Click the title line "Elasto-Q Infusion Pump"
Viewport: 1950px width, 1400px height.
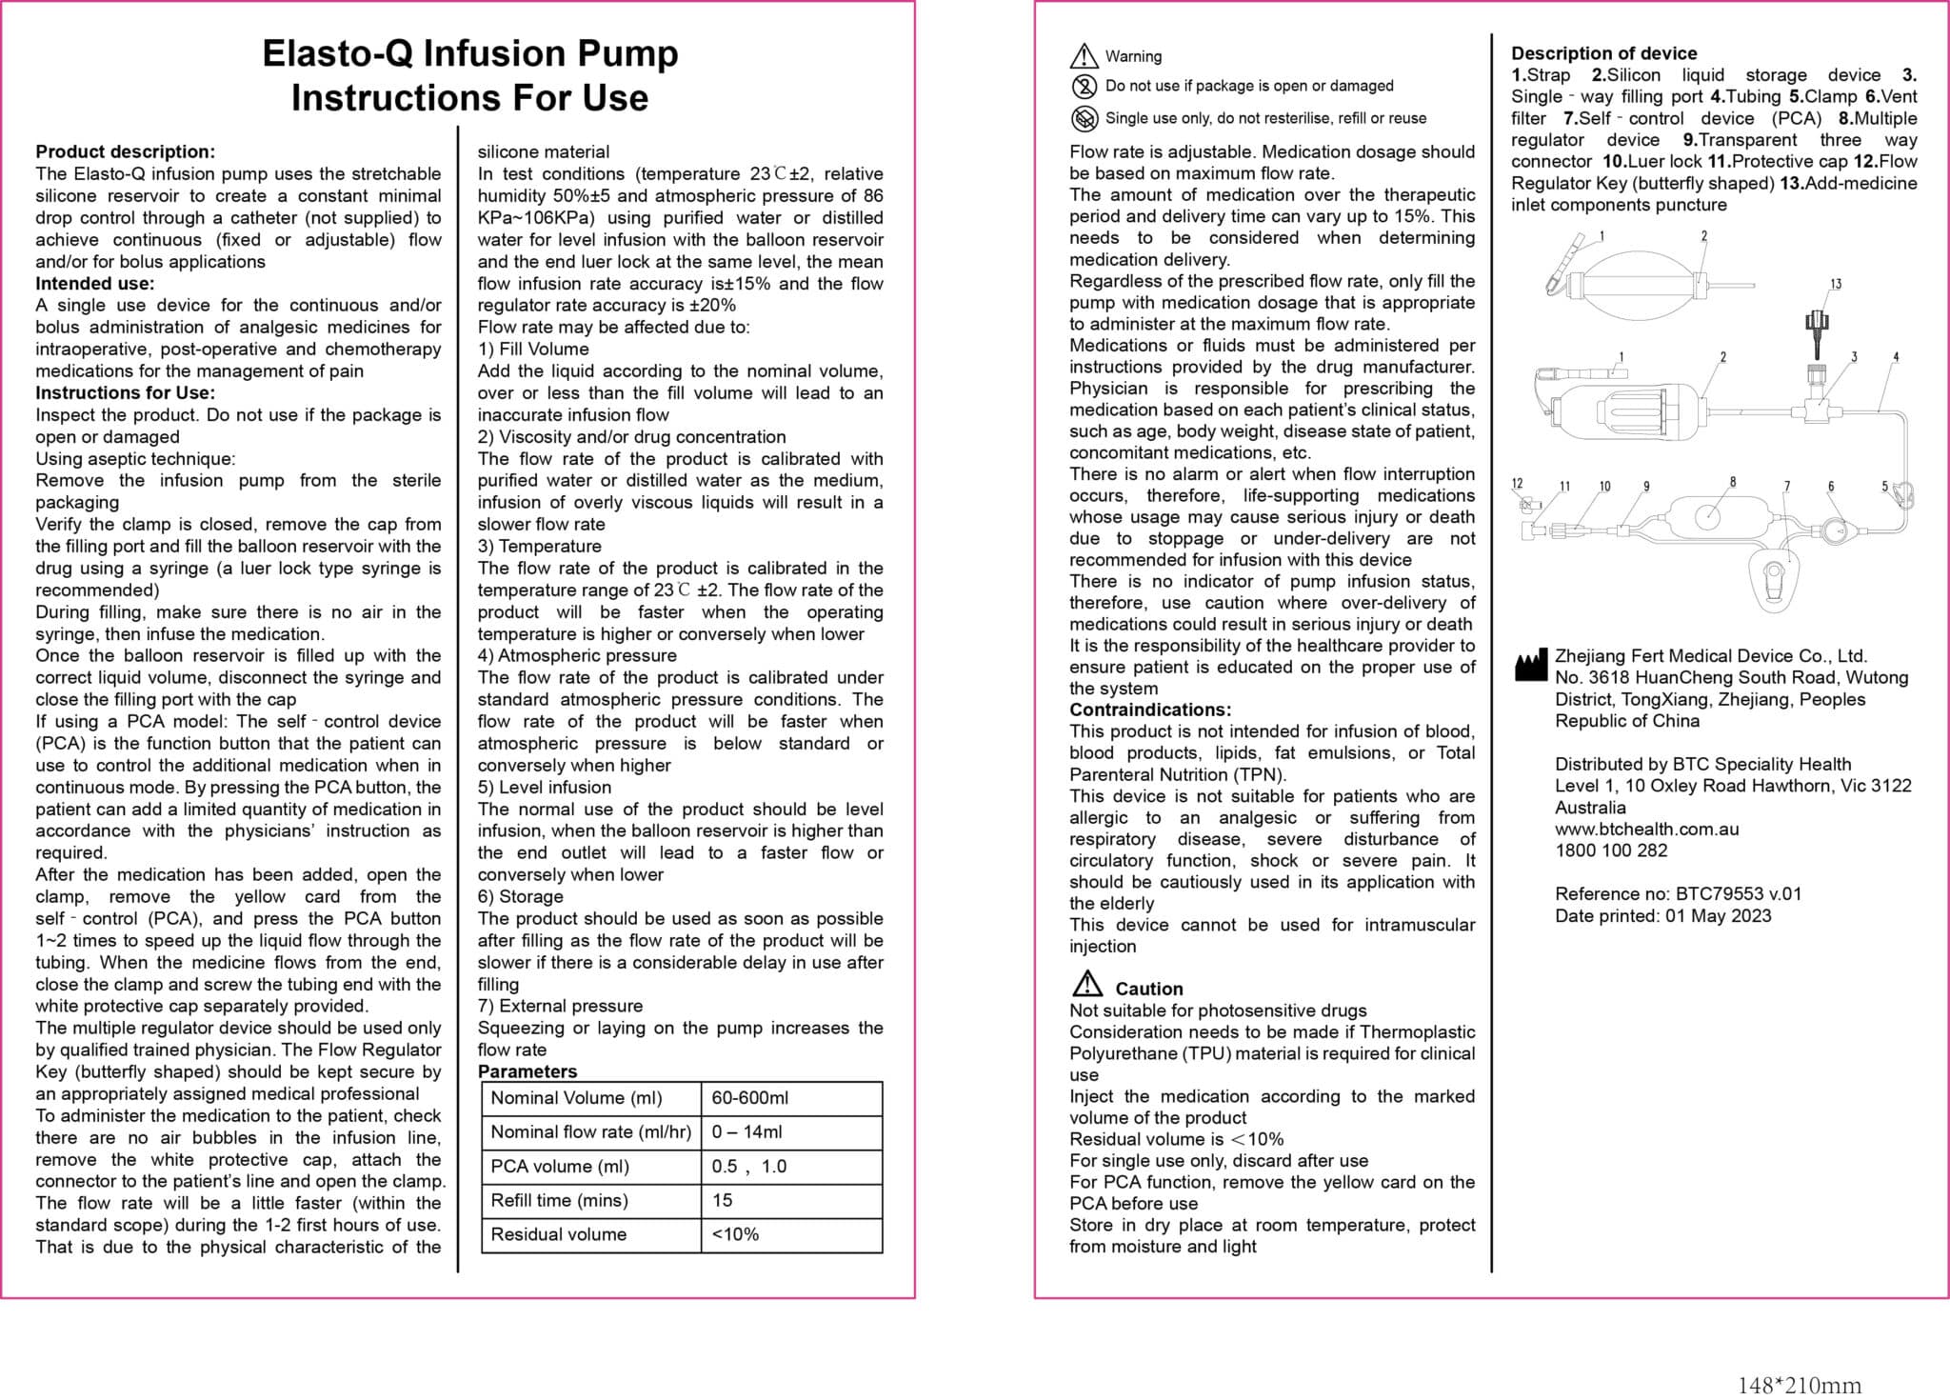469,53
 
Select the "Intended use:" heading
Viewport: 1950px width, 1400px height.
94,283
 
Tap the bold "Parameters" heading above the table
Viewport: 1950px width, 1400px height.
527,1071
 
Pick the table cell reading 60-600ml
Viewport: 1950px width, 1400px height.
750,1098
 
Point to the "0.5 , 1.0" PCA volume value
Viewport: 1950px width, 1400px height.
749,1167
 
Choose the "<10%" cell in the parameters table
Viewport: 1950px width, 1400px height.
735,1234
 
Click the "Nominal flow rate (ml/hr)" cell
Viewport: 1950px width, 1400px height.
590,1132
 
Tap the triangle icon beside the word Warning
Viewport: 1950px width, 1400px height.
1084,57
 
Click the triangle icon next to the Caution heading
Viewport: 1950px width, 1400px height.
1086,984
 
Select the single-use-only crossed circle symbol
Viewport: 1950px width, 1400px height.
1084,118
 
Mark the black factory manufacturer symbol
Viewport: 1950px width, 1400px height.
1530,666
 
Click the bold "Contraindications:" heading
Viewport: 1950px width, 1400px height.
1149,710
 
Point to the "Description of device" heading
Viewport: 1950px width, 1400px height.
1603,53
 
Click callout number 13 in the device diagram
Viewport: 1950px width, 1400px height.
1835,284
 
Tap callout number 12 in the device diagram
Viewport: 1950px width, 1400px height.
1517,484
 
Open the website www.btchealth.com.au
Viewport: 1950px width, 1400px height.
1646,829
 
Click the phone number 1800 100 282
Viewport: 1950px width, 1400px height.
1611,850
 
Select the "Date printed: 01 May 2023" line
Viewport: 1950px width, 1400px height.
1662,916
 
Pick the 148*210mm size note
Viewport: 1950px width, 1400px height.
1799,1386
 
